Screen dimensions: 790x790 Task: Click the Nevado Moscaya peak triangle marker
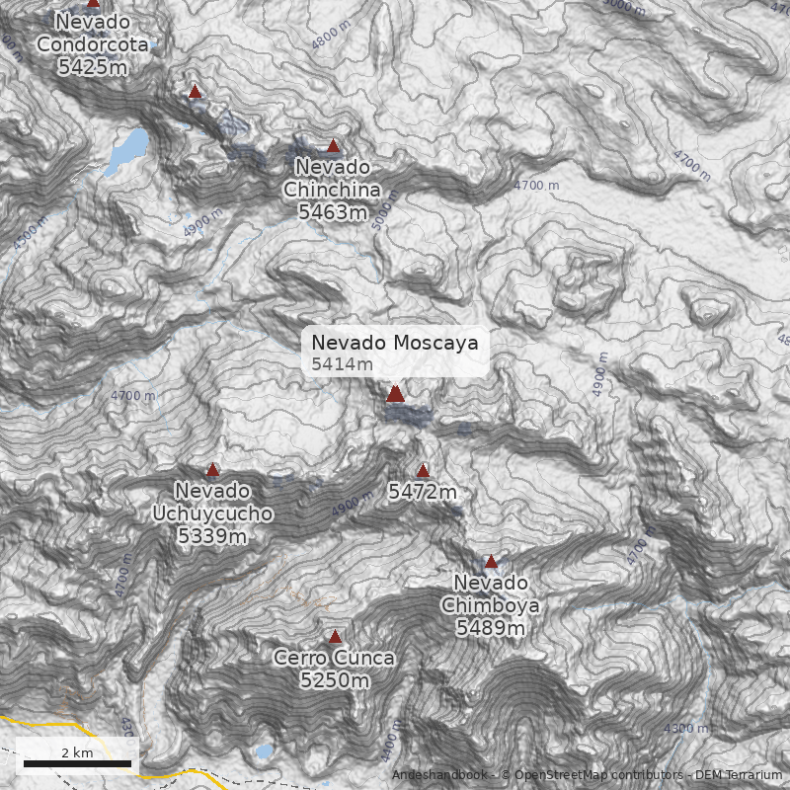click(395, 394)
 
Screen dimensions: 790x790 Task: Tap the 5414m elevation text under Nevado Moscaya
click(342, 364)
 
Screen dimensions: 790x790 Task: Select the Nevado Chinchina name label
click(333, 178)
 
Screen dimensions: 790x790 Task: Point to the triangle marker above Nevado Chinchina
click(334, 146)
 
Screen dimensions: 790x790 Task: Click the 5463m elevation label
click(333, 211)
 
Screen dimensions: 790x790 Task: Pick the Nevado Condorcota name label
click(93, 33)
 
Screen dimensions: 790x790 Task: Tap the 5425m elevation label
click(93, 67)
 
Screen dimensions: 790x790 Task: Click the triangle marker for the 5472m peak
click(423, 471)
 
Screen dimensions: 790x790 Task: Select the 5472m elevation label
click(423, 492)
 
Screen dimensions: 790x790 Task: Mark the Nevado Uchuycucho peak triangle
click(212, 470)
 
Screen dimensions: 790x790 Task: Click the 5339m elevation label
click(212, 536)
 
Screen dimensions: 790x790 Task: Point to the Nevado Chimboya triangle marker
click(491, 562)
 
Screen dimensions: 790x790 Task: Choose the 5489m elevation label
click(491, 627)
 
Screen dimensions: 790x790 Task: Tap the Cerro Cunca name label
click(335, 658)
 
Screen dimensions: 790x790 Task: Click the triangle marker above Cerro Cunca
click(335, 637)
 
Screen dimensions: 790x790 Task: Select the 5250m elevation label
click(335, 680)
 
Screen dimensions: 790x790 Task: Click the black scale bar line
click(77, 763)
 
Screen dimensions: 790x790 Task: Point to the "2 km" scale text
click(77, 751)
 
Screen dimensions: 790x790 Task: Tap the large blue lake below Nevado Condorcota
click(128, 149)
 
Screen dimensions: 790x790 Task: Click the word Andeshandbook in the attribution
click(439, 775)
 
